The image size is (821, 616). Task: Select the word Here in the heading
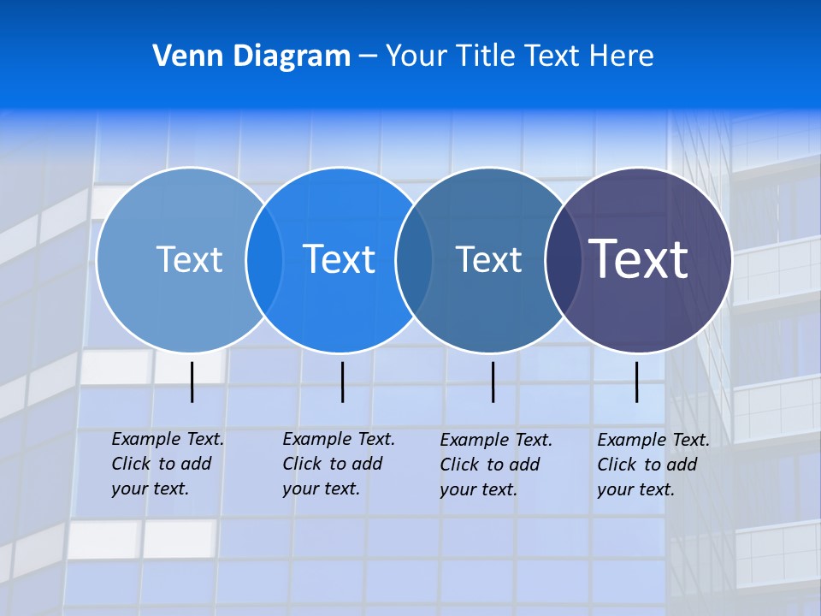pos(621,56)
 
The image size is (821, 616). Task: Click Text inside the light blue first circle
pos(189,259)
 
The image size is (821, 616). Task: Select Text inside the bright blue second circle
pos(339,259)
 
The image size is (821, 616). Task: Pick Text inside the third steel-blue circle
pos(488,259)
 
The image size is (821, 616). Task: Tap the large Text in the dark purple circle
pos(639,259)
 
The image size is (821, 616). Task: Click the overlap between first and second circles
pos(264,259)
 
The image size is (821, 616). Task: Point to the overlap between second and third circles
pos(414,259)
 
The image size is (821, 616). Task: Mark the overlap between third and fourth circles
pos(563,259)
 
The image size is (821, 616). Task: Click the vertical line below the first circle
pos(192,382)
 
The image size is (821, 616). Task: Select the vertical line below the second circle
pos(342,382)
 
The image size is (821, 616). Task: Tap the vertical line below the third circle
pos(493,382)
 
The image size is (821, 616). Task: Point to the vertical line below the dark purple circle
pos(636,382)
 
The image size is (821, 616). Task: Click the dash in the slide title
pos(368,56)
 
